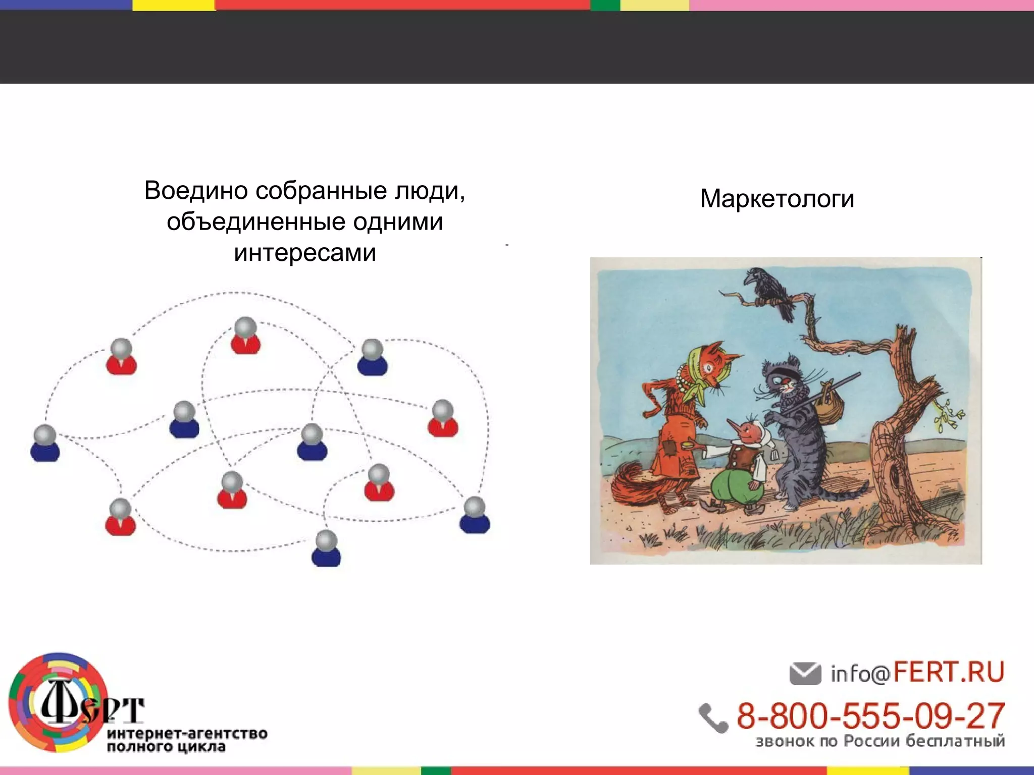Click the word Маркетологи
(x=777, y=199)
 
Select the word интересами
(x=305, y=253)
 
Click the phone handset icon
(x=713, y=717)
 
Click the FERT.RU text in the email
(x=948, y=672)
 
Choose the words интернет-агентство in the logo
(x=187, y=733)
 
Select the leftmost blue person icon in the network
(x=45, y=444)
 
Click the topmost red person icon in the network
(x=245, y=336)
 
